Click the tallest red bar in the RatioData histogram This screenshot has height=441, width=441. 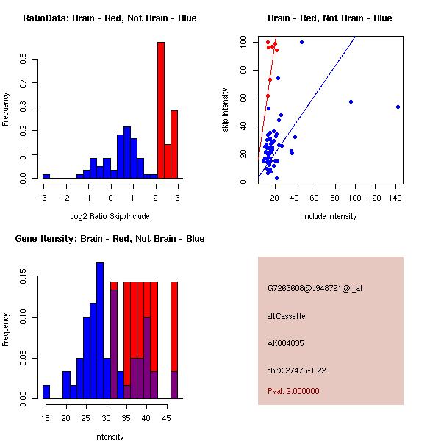(160, 110)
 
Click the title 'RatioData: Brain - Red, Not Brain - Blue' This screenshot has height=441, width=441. (110, 18)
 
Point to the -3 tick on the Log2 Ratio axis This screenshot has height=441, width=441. (43, 197)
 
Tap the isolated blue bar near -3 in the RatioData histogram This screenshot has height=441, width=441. (46, 176)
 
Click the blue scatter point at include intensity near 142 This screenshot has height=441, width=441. (398, 107)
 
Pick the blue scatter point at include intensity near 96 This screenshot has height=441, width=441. (351, 101)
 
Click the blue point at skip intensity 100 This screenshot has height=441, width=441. (301, 43)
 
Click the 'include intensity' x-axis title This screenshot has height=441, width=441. (329, 216)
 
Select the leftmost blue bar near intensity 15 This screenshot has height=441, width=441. (46, 392)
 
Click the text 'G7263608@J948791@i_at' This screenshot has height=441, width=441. (315, 288)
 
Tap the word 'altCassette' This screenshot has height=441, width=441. (286, 316)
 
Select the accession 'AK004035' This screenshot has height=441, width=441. (286, 343)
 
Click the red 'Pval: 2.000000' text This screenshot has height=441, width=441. (293, 391)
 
